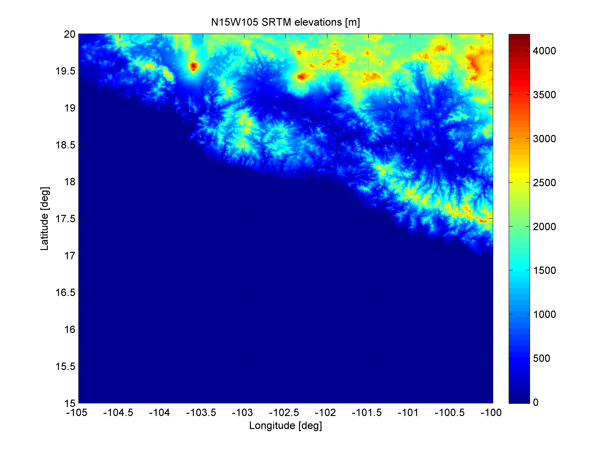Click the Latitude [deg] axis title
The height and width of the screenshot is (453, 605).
point(44,219)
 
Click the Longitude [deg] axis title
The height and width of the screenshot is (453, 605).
point(285,425)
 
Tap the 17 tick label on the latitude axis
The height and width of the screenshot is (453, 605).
point(70,256)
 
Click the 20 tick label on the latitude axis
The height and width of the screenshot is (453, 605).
point(70,34)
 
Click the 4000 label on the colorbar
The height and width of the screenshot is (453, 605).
point(544,51)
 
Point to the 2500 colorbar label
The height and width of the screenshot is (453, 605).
point(544,182)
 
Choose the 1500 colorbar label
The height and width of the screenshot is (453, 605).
point(544,271)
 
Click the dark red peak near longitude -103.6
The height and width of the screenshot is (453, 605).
point(194,66)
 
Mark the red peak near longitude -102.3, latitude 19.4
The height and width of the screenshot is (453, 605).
point(301,76)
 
